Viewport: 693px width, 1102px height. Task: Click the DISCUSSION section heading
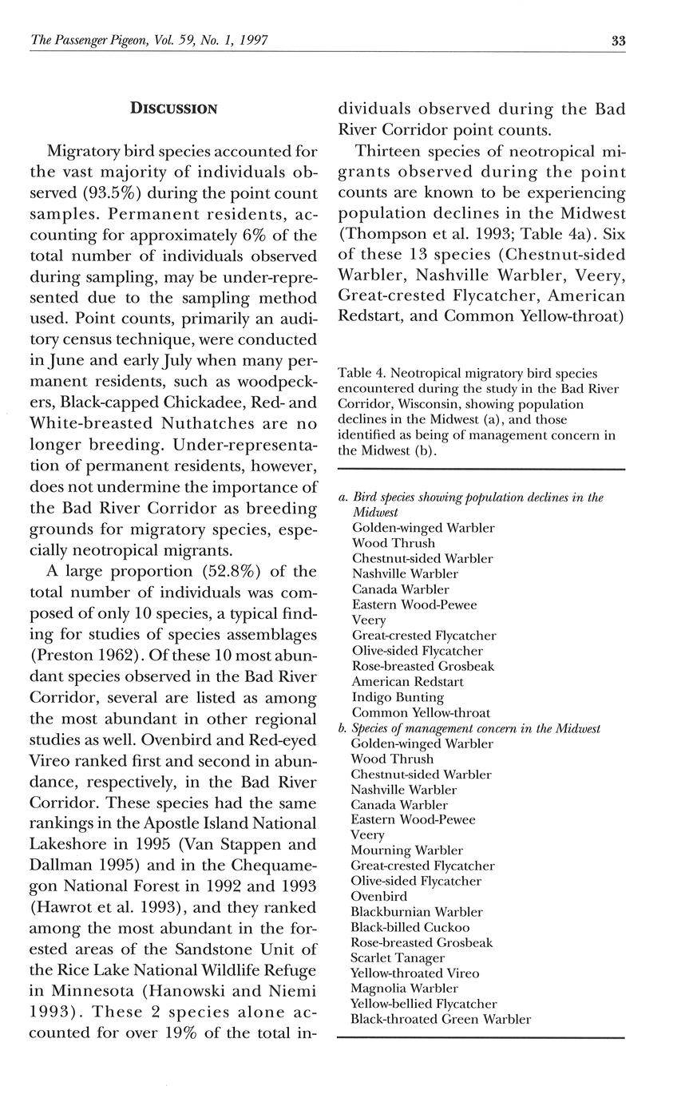173,109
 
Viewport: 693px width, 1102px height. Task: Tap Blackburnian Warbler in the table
417,912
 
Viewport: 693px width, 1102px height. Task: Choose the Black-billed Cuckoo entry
410,927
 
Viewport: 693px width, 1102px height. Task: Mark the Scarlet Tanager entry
398,957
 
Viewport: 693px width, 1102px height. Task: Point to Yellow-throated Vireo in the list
415,973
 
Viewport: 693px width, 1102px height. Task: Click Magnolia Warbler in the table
405,989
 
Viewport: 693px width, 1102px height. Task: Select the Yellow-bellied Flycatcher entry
424,1004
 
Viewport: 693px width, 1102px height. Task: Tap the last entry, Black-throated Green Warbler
441,1019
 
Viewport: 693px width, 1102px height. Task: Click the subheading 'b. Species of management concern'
469,728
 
